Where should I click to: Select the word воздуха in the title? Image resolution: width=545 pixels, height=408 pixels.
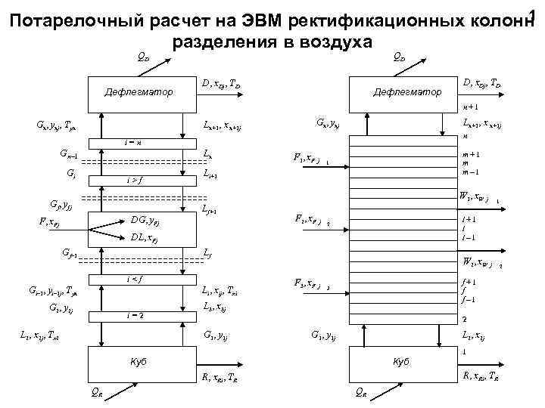342,40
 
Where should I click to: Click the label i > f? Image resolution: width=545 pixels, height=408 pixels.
134,180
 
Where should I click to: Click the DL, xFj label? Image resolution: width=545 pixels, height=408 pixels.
145,237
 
